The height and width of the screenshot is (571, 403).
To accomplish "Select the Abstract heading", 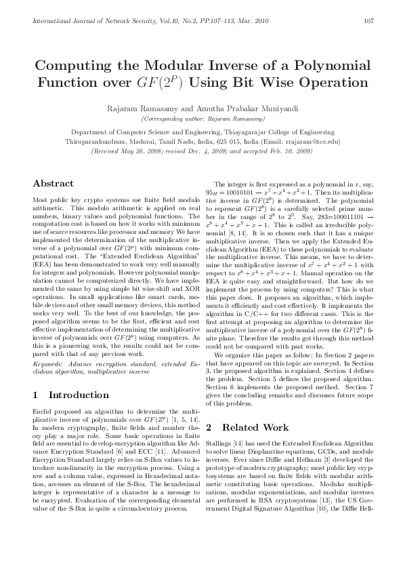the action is [x=54, y=183].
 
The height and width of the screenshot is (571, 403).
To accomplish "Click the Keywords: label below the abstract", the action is [x=46, y=365].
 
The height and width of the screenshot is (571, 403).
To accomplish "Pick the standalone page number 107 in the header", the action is [x=368, y=20].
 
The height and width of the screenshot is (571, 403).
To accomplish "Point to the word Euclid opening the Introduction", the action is [x=41, y=412].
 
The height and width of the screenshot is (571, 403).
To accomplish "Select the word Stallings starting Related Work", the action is [x=217, y=441].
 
